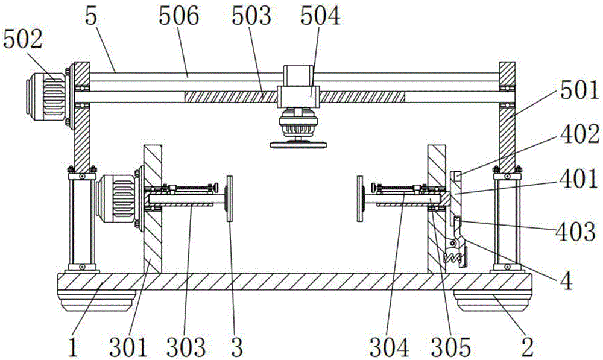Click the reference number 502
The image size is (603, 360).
point(23,39)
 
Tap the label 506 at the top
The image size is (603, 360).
point(179,16)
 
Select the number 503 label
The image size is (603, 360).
point(251,16)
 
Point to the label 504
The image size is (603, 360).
point(320,16)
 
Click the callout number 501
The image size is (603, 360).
point(579,91)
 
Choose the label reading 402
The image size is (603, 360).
point(579,135)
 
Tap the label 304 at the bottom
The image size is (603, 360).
point(389,347)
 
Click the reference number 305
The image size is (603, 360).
point(450,347)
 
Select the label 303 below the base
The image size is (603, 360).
point(186,347)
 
